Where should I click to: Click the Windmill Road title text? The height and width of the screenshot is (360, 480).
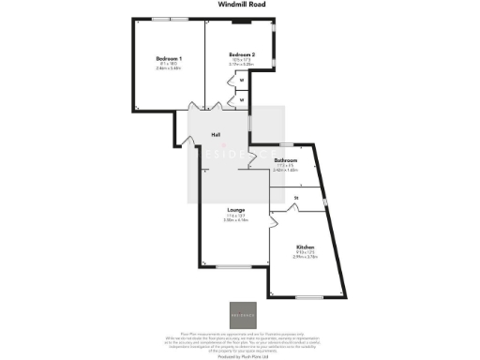240,5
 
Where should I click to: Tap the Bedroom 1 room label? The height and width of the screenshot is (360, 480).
169,59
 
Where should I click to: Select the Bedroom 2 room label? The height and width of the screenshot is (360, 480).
242,54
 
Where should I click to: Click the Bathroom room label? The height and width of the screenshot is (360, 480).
286,160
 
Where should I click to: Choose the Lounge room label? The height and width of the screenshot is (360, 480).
236,208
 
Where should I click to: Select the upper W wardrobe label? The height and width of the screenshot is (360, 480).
242,81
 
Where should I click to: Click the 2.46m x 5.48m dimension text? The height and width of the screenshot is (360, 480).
169,69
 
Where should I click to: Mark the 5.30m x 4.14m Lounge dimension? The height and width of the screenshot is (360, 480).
236,220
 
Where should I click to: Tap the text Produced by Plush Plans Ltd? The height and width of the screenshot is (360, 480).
240,355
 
